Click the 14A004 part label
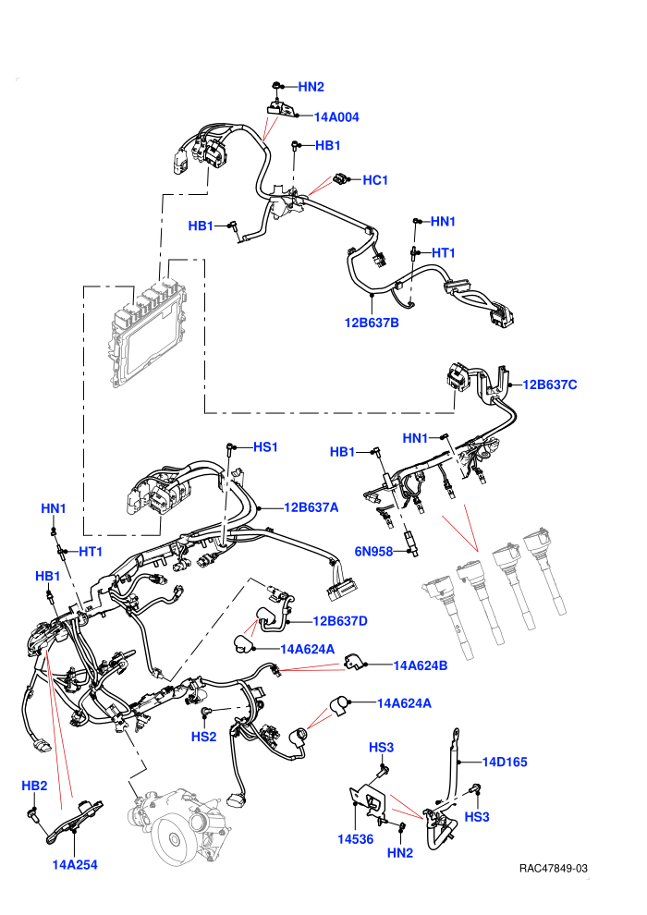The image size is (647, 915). pos(336,116)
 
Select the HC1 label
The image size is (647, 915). pos(375,179)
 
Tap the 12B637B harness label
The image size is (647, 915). pos(372,323)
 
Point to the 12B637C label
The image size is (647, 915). pos(550,384)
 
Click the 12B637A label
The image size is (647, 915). pos(311,507)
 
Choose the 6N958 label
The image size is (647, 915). pos(373,552)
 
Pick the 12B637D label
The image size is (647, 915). pos(340,621)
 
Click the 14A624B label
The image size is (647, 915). pos(420,665)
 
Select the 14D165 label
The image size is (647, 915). pos(505,762)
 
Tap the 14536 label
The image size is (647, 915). pos(355,839)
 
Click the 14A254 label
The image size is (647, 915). pos(75,865)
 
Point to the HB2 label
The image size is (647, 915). pos(34,786)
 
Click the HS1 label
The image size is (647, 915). pos(265,447)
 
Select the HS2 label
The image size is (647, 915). pos(203,737)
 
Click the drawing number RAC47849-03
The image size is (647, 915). pos(553,868)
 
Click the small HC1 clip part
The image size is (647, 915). pos(341,178)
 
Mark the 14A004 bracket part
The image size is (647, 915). pos(282,108)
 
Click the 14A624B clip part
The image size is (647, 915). pos(354,662)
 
